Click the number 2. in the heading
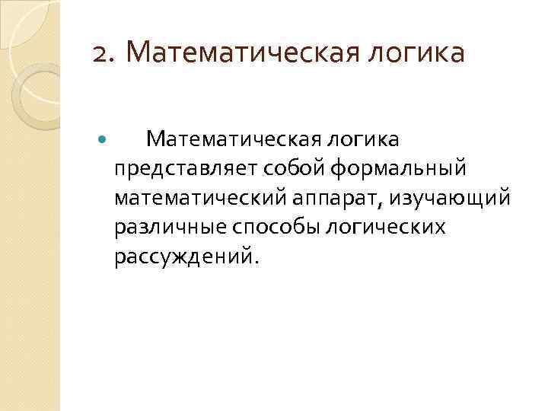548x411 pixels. click(x=105, y=53)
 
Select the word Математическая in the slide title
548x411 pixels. click(x=226, y=53)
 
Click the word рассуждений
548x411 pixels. click(x=184, y=256)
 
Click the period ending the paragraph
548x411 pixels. click(x=257, y=261)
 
